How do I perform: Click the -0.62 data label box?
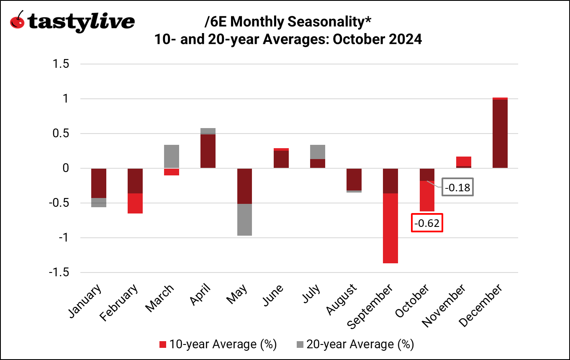[x=426, y=224]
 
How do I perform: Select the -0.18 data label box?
[x=457, y=188]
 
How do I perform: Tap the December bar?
[x=500, y=134]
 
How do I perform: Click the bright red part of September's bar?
[x=390, y=228]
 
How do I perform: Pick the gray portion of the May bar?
[x=244, y=220]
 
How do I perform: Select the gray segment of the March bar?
[x=171, y=156]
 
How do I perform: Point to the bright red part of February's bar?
[x=135, y=203]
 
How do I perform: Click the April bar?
[x=208, y=151]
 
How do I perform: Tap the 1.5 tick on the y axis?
[x=61, y=64]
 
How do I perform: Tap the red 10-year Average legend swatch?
[x=163, y=345]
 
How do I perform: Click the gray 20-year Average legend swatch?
[x=300, y=345]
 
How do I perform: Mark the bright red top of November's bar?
[x=464, y=161]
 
